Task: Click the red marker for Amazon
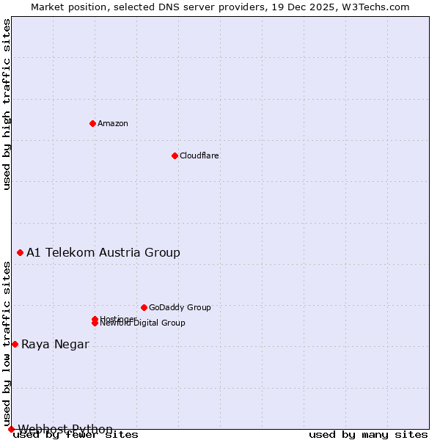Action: [x=92, y=123]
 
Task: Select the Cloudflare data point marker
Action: [x=175, y=155]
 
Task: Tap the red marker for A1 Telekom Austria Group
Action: [x=20, y=252]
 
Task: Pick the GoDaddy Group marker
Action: [x=144, y=307]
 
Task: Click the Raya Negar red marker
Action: [x=15, y=344]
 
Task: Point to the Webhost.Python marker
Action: [x=11, y=429]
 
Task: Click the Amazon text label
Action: [x=113, y=123]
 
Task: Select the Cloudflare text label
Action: [x=199, y=155]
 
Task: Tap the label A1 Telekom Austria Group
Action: [x=103, y=252]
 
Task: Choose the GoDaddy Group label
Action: [x=180, y=307]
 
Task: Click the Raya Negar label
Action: [x=55, y=344]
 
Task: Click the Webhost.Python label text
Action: [x=65, y=429]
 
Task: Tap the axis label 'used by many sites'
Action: [x=368, y=435]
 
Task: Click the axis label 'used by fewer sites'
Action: [x=76, y=435]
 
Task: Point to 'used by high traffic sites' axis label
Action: [x=7, y=104]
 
